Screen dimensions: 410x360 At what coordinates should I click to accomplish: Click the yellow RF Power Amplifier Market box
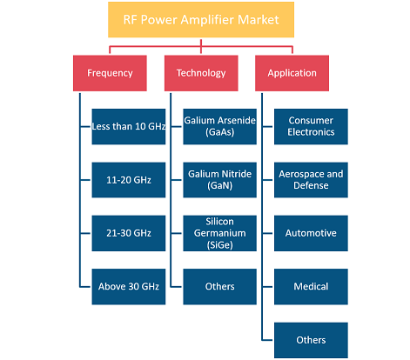[201, 20]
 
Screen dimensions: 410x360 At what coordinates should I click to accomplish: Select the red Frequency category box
[110, 73]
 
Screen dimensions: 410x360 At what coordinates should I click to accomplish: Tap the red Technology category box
[201, 73]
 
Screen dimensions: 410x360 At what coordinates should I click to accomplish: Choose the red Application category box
[292, 73]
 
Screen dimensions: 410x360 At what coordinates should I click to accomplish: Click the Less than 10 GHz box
[129, 127]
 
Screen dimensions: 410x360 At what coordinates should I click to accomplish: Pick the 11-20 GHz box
[129, 180]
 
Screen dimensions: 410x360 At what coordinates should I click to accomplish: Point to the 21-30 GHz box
[129, 233]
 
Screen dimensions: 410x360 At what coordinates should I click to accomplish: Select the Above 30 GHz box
[129, 287]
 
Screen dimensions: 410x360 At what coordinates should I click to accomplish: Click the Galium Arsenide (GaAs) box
[220, 127]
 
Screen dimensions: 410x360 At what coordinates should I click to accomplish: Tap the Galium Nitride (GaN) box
[220, 180]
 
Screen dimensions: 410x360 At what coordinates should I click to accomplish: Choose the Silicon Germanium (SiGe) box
[220, 233]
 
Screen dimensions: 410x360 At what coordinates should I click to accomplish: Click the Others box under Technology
[220, 287]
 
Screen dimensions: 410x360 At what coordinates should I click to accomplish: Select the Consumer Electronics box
[311, 127]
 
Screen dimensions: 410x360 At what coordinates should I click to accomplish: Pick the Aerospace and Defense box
[311, 180]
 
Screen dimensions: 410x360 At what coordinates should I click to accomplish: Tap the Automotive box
[311, 233]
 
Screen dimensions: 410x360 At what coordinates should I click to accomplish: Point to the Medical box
[311, 287]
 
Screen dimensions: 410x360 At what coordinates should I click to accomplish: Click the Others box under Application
[311, 340]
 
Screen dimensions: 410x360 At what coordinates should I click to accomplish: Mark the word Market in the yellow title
[259, 20]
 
